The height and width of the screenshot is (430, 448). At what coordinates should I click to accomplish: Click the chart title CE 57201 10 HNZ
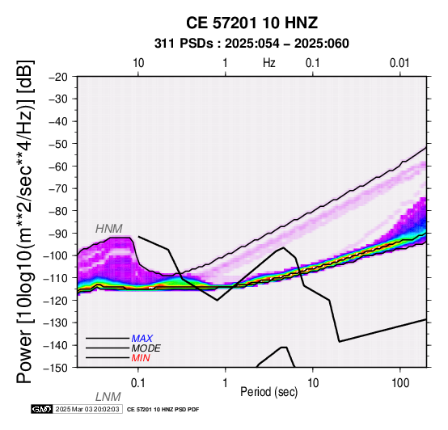(x=251, y=23)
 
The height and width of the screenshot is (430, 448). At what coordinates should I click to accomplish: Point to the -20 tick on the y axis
(x=58, y=77)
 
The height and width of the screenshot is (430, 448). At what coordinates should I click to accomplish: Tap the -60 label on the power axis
(x=58, y=167)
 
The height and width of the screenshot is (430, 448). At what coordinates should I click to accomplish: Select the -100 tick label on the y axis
(x=56, y=255)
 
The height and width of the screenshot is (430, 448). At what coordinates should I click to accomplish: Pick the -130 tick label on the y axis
(x=56, y=322)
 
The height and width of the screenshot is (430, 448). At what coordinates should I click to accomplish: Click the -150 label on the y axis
(x=56, y=368)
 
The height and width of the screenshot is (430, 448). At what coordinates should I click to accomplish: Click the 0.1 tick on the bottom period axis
(x=137, y=382)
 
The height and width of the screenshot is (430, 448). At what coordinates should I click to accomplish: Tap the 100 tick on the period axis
(x=400, y=382)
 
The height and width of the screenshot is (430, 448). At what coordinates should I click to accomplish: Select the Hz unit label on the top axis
(x=269, y=63)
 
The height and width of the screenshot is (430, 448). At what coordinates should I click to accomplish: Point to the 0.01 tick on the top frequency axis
(x=399, y=63)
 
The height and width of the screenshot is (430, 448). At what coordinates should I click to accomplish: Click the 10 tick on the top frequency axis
(x=138, y=63)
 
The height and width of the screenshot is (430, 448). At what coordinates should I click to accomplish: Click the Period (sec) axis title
(x=268, y=392)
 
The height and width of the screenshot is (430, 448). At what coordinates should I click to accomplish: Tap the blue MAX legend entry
(x=142, y=339)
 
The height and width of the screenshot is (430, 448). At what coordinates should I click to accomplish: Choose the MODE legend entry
(x=146, y=348)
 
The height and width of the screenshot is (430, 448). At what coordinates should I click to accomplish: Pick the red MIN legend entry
(x=141, y=358)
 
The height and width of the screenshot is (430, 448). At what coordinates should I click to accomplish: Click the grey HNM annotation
(x=109, y=229)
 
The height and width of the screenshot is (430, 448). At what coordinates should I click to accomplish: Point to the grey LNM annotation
(x=108, y=397)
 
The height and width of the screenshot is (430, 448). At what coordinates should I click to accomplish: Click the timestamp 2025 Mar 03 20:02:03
(x=87, y=409)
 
